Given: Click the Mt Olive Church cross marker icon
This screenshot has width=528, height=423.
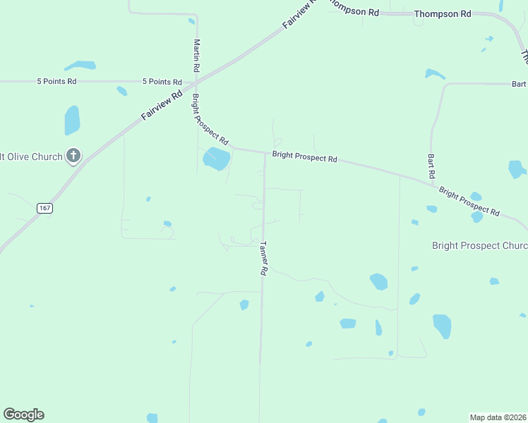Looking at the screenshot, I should [73, 156].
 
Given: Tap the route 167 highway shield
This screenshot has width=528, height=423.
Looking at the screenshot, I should [44, 208].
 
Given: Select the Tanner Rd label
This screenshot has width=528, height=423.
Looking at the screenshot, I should [263, 259].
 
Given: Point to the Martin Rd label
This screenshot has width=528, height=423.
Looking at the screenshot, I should [197, 56].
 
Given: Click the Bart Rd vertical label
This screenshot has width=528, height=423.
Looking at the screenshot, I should [431, 166].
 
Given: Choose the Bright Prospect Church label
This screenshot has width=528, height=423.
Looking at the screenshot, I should [479, 245].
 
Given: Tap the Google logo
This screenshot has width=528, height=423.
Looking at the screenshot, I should [24, 415].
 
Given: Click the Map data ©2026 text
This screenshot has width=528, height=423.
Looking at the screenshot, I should [498, 417].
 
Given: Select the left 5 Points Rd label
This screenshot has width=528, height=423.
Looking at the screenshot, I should [56, 82].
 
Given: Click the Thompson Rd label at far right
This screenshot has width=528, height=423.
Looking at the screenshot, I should [443, 13].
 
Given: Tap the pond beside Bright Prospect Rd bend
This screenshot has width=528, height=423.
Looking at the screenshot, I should [216, 159].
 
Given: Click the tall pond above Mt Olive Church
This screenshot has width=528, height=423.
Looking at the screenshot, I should [72, 120].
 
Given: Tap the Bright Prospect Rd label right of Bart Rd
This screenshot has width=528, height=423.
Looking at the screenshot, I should [469, 202].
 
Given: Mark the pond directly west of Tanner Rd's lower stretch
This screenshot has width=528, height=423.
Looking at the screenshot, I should [244, 305].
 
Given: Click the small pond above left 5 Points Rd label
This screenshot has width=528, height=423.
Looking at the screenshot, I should [80, 66].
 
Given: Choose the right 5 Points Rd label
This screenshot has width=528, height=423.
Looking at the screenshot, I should [162, 82].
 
